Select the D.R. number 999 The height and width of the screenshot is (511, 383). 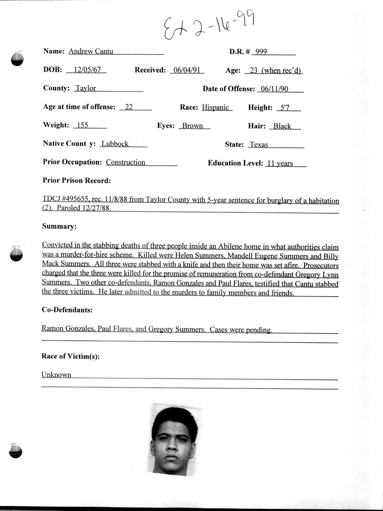pyautogui.click(x=261, y=52)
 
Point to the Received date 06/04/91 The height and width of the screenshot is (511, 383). pyautogui.click(x=186, y=71)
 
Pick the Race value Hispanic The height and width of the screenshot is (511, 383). pyautogui.click(x=216, y=107)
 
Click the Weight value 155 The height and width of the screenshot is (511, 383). pyautogui.click(x=83, y=125)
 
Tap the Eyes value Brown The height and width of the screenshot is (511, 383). pyautogui.click(x=192, y=126)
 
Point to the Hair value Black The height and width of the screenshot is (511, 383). pyautogui.click(x=282, y=126)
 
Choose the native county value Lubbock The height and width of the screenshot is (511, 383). pyautogui.click(x=115, y=143)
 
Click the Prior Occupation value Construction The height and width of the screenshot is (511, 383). pyautogui.click(x=125, y=162)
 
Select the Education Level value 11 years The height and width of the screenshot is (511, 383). pyautogui.click(x=279, y=164)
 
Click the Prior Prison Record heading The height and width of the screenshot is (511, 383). pyautogui.click(x=77, y=180)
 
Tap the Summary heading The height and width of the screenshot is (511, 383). pyautogui.click(x=59, y=226)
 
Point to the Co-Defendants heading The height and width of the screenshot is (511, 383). pyautogui.click(x=67, y=310)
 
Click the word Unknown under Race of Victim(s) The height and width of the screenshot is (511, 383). pyautogui.click(x=57, y=375)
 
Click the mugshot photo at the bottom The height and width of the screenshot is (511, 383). pyautogui.click(x=174, y=439)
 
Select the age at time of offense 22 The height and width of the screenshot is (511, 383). pyautogui.click(x=129, y=107)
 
